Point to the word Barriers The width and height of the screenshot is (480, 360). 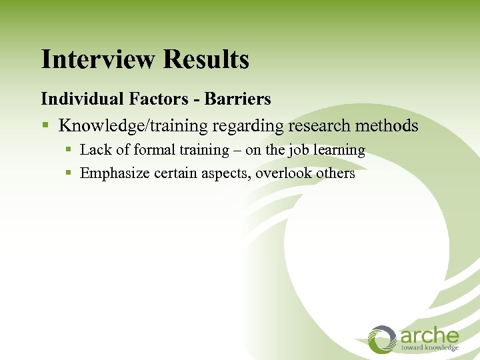click(x=237, y=99)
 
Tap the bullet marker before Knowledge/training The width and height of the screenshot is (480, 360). click(x=45, y=126)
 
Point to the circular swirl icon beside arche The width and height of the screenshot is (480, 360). click(x=383, y=339)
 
